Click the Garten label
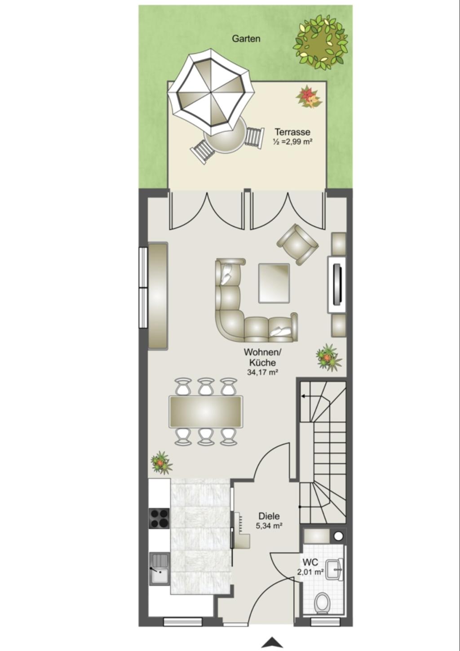coord(246,38)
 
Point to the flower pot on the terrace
coord(309,97)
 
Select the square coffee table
coord(274,283)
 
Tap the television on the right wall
coord(337,285)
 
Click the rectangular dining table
coord(206,411)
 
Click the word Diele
coord(269,516)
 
